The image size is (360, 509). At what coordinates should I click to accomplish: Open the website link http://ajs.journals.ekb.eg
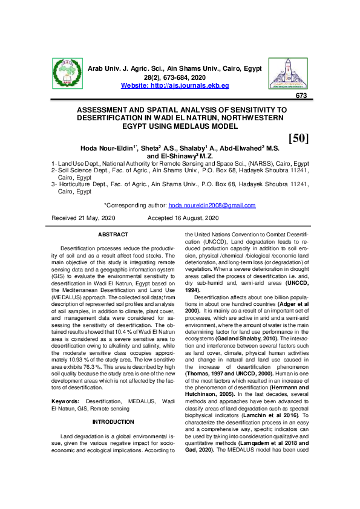[x=175, y=86]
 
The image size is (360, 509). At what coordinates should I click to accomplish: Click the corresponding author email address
[x=212, y=206]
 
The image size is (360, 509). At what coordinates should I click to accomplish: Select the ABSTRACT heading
[x=113, y=235]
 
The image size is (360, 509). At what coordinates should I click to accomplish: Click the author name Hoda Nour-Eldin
[x=107, y=147]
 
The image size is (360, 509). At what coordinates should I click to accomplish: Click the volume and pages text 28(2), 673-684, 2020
[x=175, y=78]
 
